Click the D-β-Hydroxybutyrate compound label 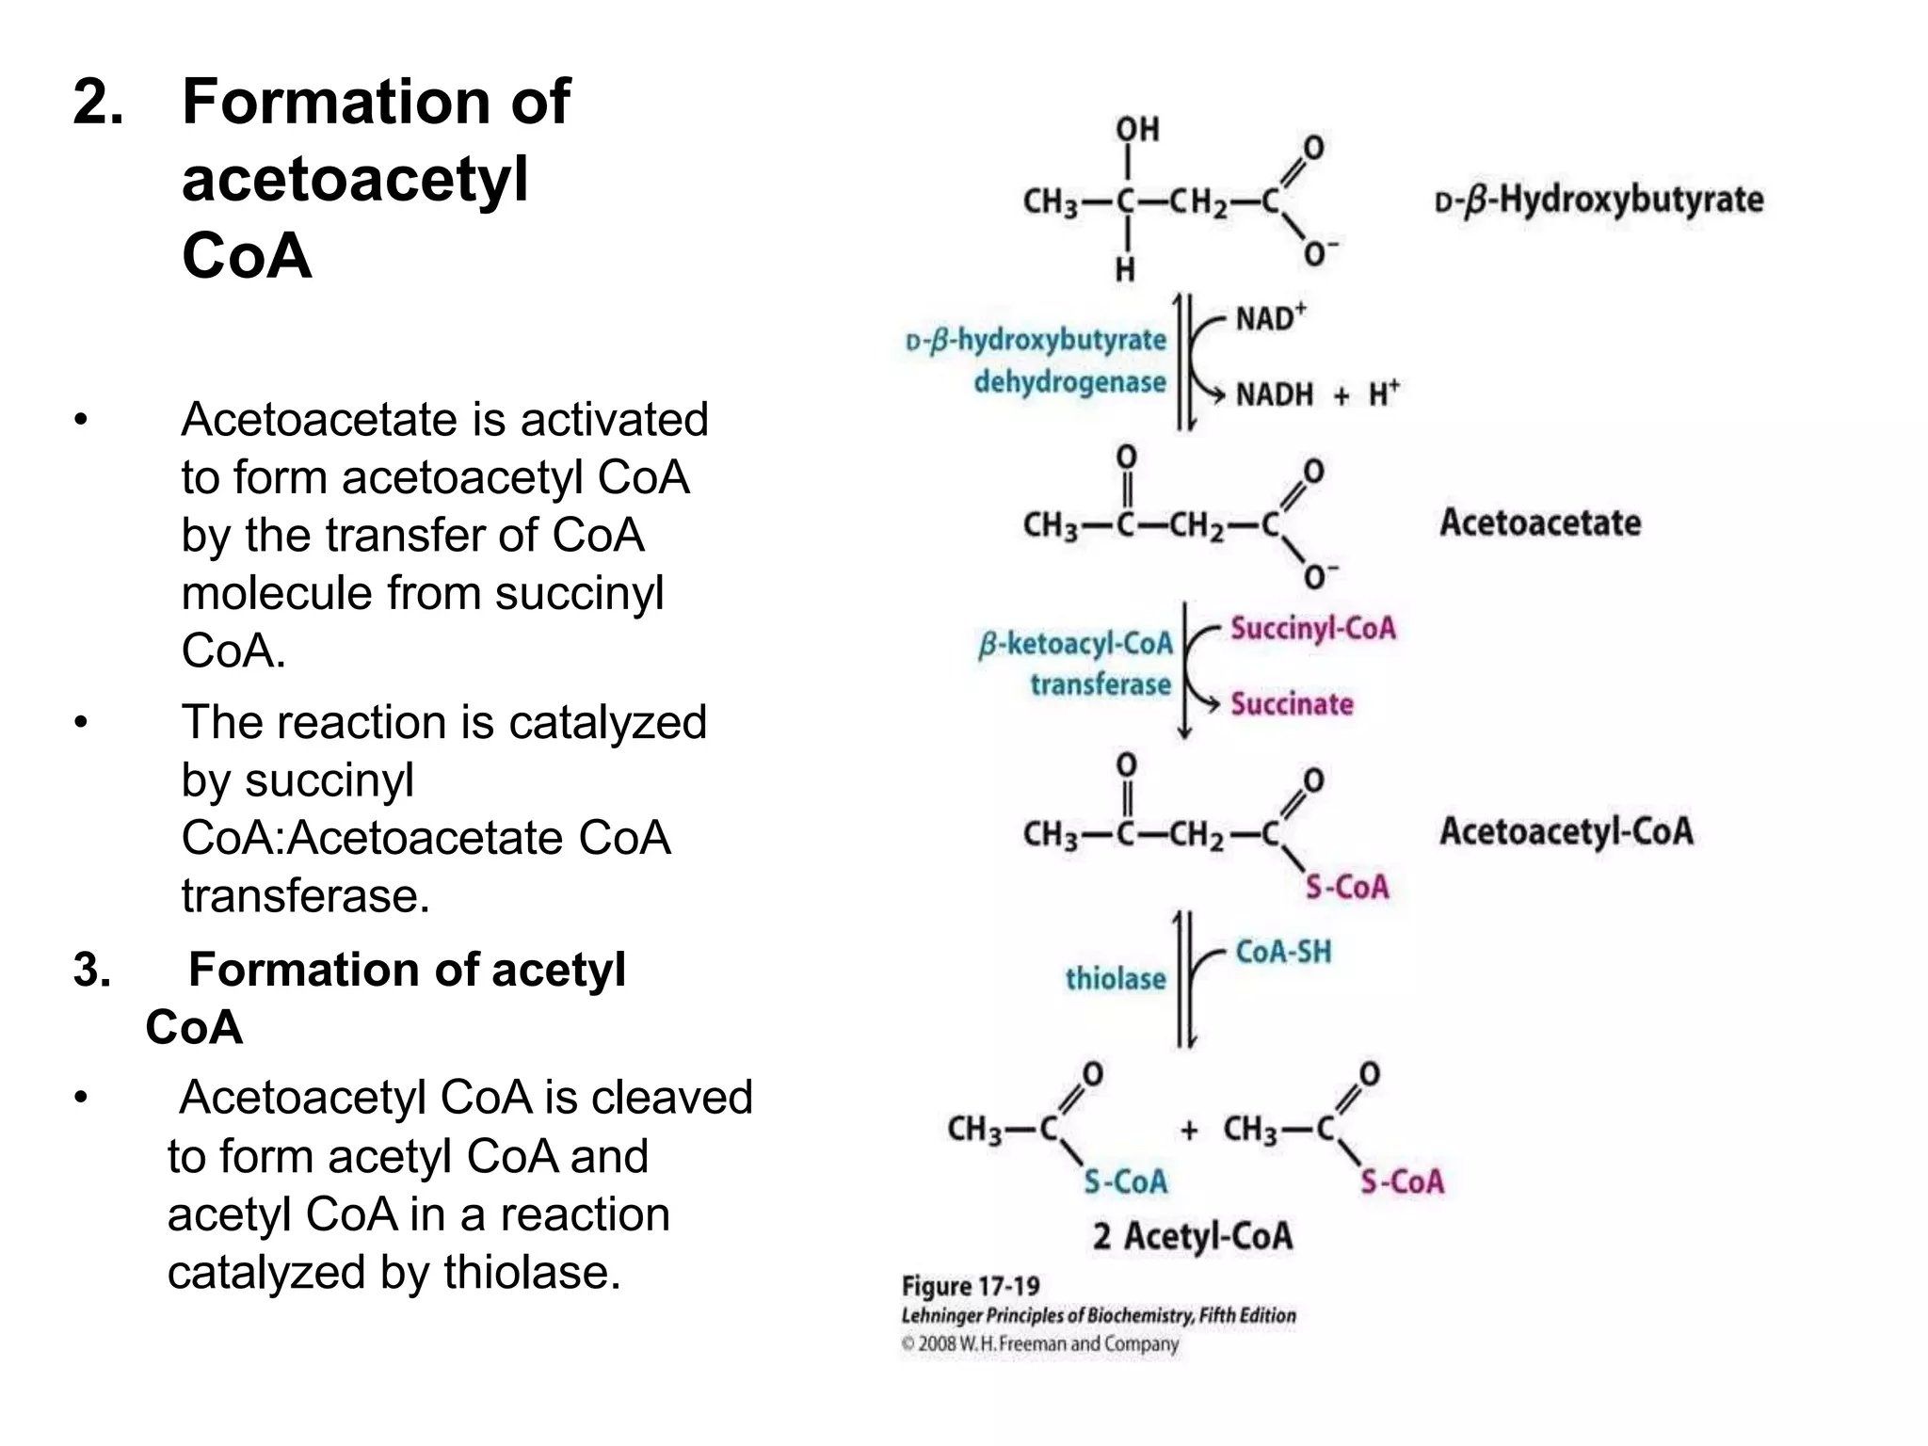point(1599,200)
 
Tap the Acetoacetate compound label point(1540,522)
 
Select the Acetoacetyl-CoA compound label point(1566,831)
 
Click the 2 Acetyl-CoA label point(1192,1235)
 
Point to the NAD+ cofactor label point(1270,318)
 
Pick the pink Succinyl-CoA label point(1313,628)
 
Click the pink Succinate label point(1292,703)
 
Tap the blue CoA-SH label point(1283,952)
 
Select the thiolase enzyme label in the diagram point(1116,979)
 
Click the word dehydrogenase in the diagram point(1069,382)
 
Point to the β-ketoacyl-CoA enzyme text point(1076,644)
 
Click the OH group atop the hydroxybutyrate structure point(1137,129)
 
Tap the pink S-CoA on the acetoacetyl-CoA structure point(1346,887)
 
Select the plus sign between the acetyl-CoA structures point(1189,1129)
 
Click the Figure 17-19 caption point(971,1286)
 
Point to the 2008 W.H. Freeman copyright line point(1039,1343)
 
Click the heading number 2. point(98,102)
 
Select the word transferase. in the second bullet point(305,895)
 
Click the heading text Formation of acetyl point(407,970)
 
